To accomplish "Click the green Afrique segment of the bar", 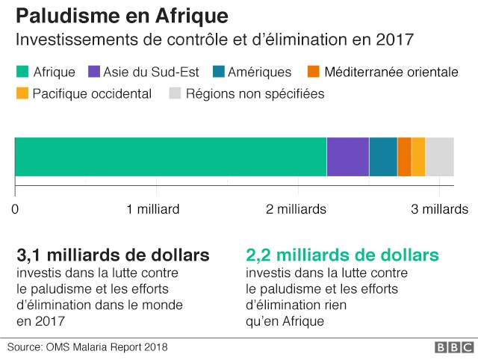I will pyautogui.click(x=170, y=157).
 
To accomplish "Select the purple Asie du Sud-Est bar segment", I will pyautogui.click(x=347, y=157).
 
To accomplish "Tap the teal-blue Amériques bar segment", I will pyautogui.click(x=382, y=157).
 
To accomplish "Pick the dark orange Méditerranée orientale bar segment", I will pyautogui.click(x=404, y=157).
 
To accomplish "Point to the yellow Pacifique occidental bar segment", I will pyautogui.click(x=418, y=157).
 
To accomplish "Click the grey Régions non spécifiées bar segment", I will pyautogui.click(x=439, y=157).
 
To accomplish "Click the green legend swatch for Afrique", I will pyautogui.click(x=22, y=72).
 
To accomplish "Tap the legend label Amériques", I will pyautogui.click(x=260, y=72).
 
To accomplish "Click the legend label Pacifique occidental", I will pyautogui.click(x=92, y=94).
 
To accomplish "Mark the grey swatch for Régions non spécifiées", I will pyautogui.click(x=175, y=94).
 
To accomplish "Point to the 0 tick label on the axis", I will pyautogui.click(x=15, y=209).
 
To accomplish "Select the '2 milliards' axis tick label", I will pyautogui.click(x=297, y=209).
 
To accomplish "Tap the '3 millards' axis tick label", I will pyautogui.click(x=441, y=209).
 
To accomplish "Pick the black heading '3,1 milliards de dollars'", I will pyautogui.click(x=113, y=255).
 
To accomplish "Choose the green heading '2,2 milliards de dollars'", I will pyautogui.click(x=342, y=255).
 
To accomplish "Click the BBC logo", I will pyautogui.click(x=454, y=347).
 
